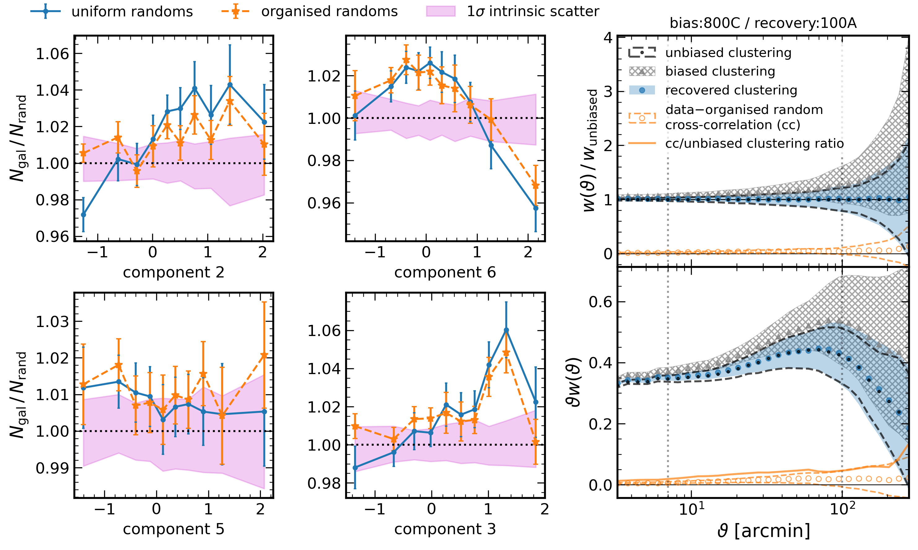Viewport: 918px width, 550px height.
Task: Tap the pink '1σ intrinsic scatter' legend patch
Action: [x=441, y=11]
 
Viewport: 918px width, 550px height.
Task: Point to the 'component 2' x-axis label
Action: [x=173, y=273]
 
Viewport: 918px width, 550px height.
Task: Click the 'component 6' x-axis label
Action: [x=445, y=273]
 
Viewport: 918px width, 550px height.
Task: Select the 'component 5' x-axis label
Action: [x=173, y=529]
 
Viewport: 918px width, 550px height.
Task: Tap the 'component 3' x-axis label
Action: [x=445, y=529]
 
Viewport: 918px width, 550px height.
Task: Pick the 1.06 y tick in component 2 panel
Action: [x=52, y=54]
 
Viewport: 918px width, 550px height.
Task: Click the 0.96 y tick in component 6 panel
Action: [x=324, y=203]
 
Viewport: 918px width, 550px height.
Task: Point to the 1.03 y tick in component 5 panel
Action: [x=52, y=322]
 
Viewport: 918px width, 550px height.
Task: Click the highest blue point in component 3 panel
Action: [x=506, y=330]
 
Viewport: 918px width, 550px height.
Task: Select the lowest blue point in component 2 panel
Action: [x=83, y=215]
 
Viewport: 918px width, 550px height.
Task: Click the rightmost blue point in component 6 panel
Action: [x=535, y=208]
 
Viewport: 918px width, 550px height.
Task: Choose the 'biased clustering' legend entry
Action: [x=720, y=72]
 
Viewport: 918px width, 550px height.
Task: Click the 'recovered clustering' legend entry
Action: [x=731, y=90]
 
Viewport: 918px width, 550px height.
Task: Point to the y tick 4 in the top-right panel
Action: [x=608, y=37]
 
